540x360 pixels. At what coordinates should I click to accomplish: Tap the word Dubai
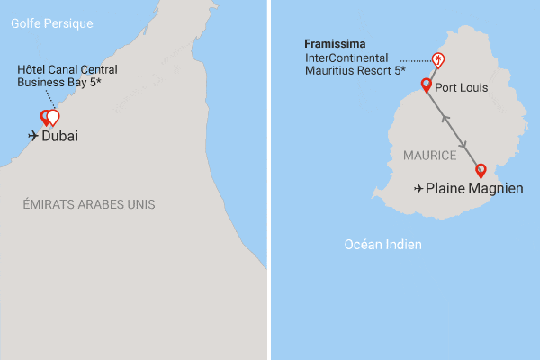(x=60, y=137)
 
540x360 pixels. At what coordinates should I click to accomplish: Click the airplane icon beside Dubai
(x=34, y=137)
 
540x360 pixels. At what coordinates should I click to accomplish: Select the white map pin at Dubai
(x=53, y=116)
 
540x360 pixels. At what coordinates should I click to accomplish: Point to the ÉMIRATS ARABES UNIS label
(x=89, y=205)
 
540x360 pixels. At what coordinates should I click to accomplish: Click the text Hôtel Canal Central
(x=67, y=69)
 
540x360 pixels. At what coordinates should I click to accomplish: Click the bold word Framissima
(x=334, y=43)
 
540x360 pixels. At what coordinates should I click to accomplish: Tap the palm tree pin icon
(x=437, y=60)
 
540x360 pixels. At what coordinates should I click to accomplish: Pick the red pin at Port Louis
(x=426, y=85)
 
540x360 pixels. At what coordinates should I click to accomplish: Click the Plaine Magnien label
(x=473, y=189)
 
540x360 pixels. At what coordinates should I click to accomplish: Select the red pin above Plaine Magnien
(x=481, y=171)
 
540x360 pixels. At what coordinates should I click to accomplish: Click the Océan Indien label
(x=383, y=245)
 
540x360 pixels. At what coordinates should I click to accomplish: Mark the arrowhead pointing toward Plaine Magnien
(x=463, y=145)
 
